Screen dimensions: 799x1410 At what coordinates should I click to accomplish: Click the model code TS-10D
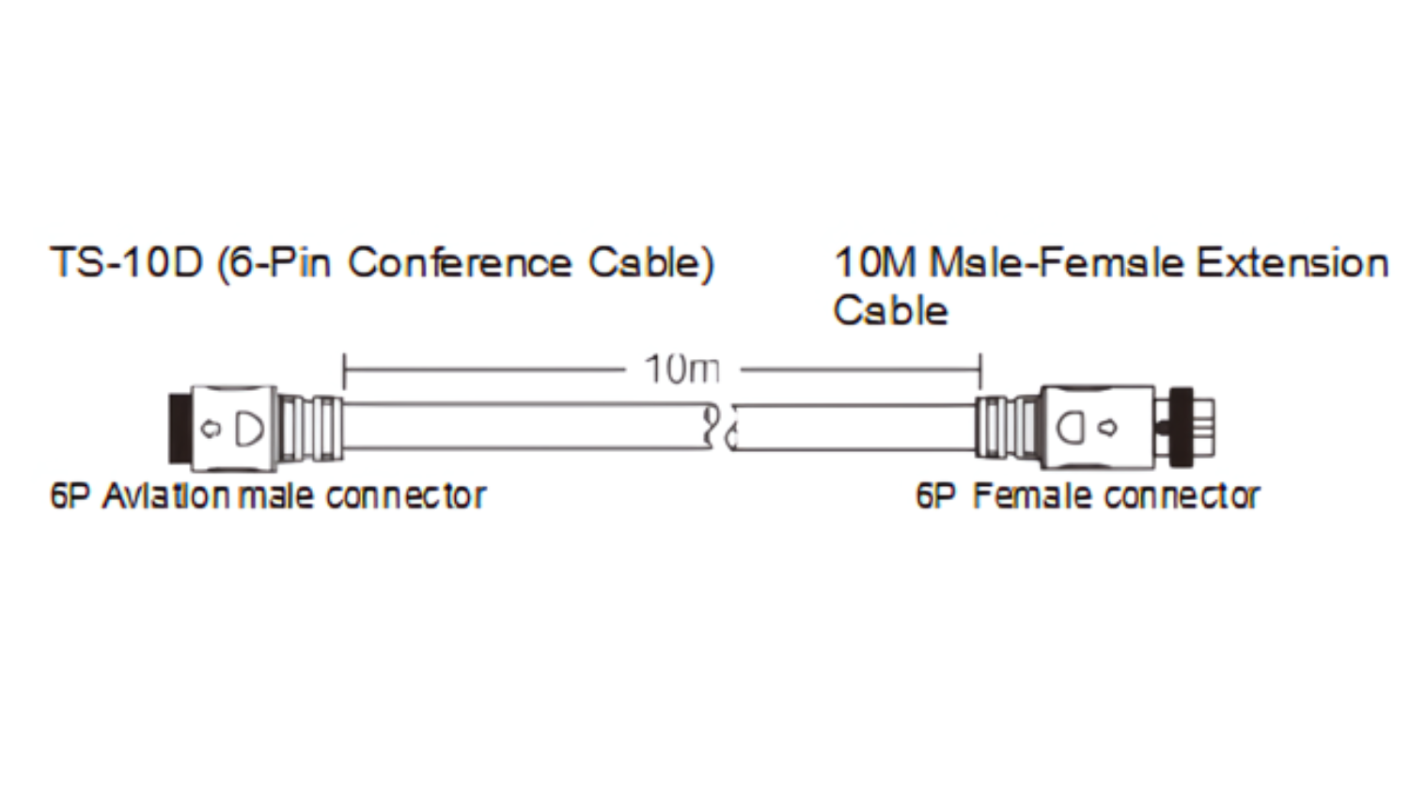point(126,263)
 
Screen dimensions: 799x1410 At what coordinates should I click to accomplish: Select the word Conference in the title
point(460,263)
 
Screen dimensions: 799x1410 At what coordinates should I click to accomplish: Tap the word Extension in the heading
point(1292,263)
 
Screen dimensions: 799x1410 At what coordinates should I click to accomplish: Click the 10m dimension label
point(681,369)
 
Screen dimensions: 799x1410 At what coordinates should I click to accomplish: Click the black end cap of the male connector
point(178,428)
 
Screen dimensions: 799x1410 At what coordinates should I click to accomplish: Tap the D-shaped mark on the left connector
point(249,428)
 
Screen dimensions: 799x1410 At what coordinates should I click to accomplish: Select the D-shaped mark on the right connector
point(1072,428)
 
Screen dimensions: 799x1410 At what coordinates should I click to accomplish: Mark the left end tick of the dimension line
point(344,370)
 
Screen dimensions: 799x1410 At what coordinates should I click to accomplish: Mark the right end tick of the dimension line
point(980,370)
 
